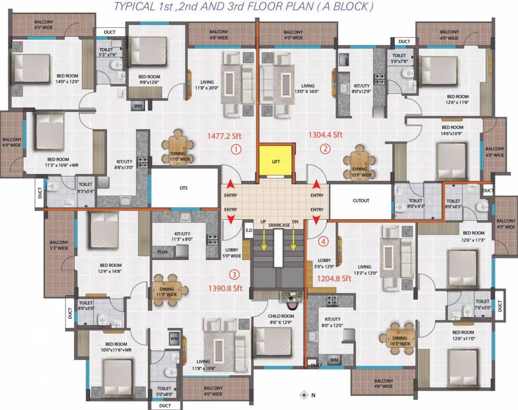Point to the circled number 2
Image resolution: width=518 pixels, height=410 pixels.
325,149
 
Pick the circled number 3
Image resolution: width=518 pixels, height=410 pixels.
233,275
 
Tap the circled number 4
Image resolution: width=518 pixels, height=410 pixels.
322,241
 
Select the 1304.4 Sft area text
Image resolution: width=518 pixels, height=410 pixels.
325,135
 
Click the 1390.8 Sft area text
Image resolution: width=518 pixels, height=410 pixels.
225,288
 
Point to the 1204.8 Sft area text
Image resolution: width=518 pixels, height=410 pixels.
334,278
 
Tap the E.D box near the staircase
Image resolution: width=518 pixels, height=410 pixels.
248,231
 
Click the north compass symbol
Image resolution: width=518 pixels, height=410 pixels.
304,395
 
